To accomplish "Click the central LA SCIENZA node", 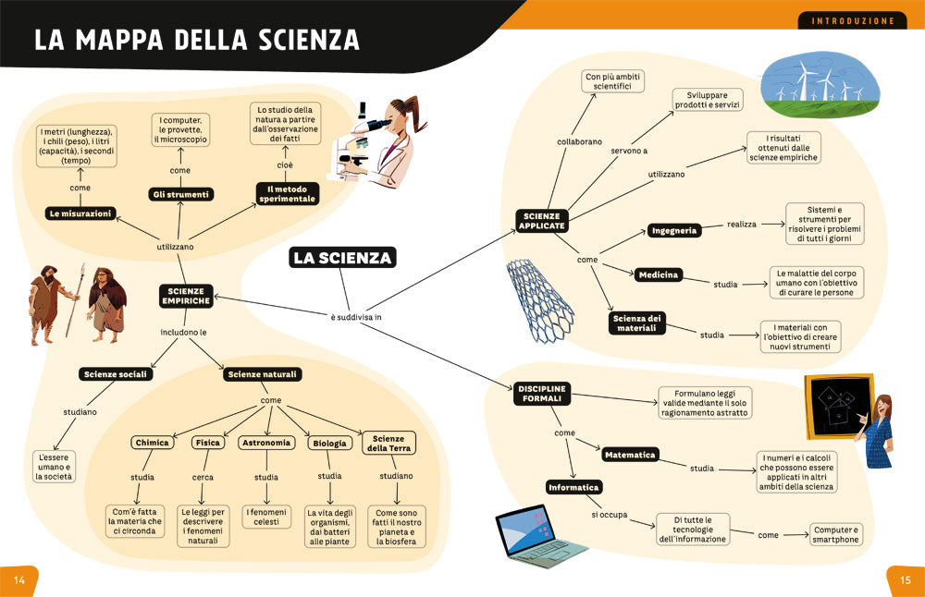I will (x=342, y=258).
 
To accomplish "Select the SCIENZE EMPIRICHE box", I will (x=185, y=295).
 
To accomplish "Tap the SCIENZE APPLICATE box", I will (x=541, y=220).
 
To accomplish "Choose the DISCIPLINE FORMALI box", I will (x=540, y=394).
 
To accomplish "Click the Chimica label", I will (x=152, y=443).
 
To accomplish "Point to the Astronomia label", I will (x=266, y=443).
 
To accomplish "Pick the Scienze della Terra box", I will (x=388, y=443).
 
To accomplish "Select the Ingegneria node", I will (x=673, y=230).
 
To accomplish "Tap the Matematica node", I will (x=630, y=455).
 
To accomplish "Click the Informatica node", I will (x=574, y=486).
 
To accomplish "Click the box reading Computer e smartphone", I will (x=836, y=534).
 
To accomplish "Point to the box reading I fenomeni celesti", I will (x=266, y=517).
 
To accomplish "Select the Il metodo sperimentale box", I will (x=287, y=193).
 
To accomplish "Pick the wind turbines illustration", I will (x=811, y=84).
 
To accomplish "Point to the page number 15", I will (x=906, y=579).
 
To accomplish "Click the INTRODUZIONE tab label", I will (x=852, y=20).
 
